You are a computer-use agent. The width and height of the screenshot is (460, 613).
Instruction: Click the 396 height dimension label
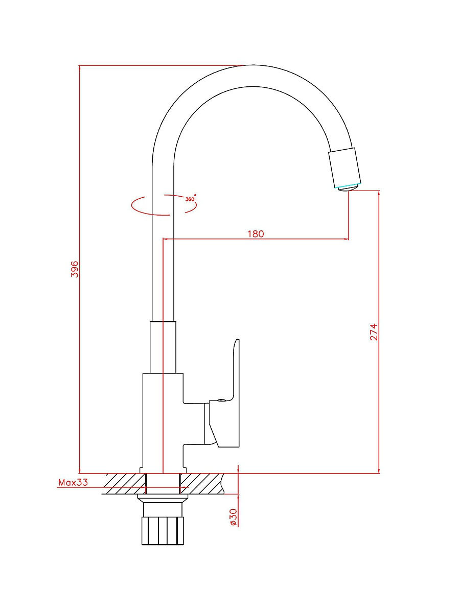tap(75, 269)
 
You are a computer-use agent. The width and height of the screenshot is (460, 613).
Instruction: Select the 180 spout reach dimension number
tap(256, 234)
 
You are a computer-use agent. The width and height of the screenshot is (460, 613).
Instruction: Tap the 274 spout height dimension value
tap(374, 332)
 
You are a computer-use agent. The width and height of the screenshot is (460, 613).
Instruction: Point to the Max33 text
tap(73, 482)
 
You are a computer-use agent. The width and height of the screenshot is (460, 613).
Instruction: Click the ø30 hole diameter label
tap(233, 517)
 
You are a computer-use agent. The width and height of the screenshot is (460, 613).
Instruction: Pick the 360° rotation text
tap(190, 199)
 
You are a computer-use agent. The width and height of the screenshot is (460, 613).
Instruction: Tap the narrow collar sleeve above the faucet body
tap(163, 347)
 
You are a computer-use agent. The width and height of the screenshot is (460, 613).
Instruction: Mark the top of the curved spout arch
tap(254, 65)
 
